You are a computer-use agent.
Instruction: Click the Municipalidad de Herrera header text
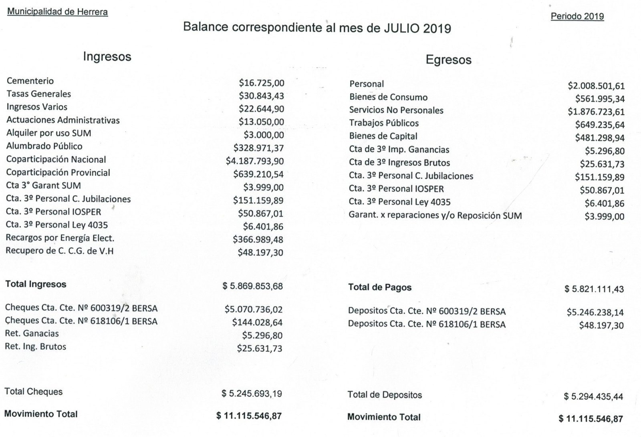(x=58, y=12)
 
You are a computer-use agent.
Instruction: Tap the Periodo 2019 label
(x=577, y=16)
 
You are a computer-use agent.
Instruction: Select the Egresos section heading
(x=448, y=60)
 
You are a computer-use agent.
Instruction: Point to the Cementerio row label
(x=30, y=81)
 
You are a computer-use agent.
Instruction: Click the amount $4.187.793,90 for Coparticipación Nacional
(x=255, y=161)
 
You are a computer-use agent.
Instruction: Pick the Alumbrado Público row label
(x=44, y=146)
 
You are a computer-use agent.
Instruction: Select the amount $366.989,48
(x=258, y=240)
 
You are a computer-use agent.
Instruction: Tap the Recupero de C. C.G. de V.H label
(x=60, y=251)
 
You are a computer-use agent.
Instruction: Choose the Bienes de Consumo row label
(x=388, y=97)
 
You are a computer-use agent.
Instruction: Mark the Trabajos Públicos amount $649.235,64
(x=600, y=125)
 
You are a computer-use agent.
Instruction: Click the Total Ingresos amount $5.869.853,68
(x=252, y=287)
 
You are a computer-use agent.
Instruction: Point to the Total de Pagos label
(x=380, y=287)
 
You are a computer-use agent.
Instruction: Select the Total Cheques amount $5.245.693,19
(x=252, y=394)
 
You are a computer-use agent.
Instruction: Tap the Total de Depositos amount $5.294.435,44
(x=593, y=397)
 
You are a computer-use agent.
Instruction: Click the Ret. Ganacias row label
(x=32, y=333)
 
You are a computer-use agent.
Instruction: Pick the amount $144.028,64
(x=257, y=322)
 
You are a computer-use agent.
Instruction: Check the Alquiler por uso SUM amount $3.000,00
(x=264, y=135)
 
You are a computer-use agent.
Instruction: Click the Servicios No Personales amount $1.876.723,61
(x=596, y=112)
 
